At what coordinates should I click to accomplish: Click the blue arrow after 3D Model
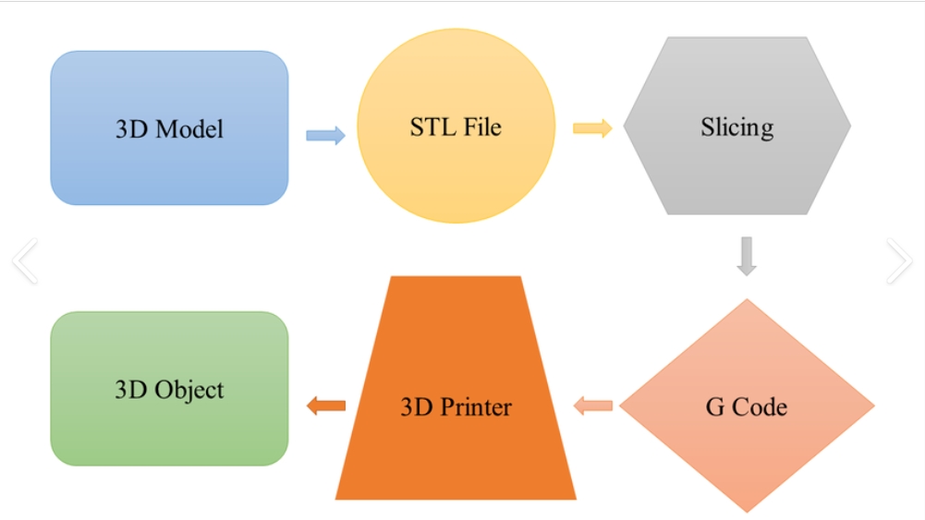[325, 135]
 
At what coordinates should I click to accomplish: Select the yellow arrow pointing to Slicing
[592, 127]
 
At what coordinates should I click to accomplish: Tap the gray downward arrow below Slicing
[747, 256]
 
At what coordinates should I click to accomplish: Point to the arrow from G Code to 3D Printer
[593, 405]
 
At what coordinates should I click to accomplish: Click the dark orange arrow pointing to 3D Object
[325, 405]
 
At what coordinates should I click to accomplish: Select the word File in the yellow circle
[481, 126]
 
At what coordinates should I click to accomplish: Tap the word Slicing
[736, 127]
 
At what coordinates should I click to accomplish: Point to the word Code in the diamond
[760, 406]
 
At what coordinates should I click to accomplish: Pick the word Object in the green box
[189, 390]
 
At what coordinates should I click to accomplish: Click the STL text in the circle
[431, 126]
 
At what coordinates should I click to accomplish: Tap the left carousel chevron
[25, 260]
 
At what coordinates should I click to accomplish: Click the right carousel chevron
[898, 260]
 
